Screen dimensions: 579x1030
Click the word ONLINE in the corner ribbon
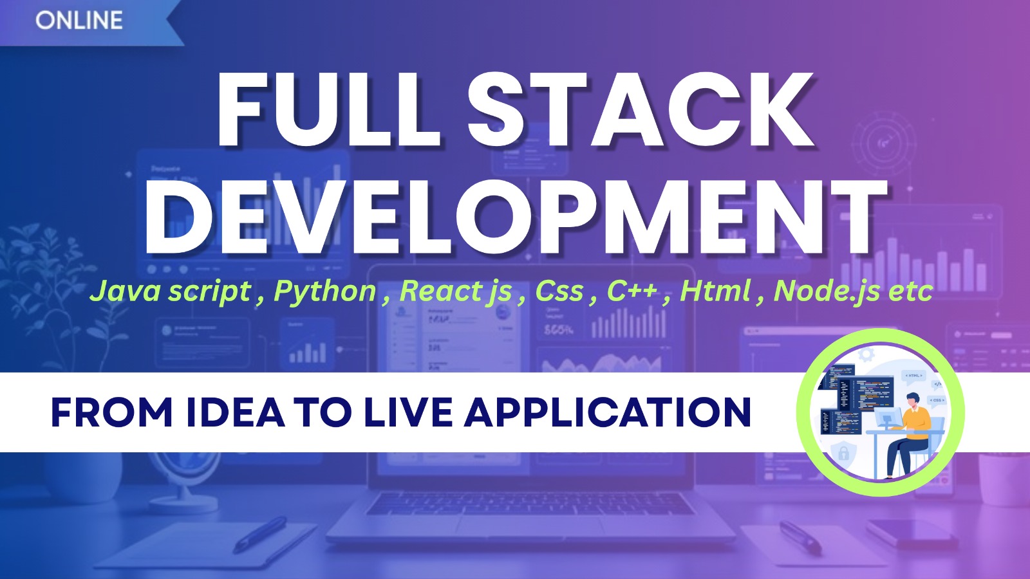pyautogui.click(x=79, y=21)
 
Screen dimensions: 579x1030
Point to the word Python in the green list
pyautogui.click(x=325, y=291)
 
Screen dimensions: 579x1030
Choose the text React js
pyautogui.click(x=456, y=291)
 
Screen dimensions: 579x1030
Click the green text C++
pyautogui.click(x=632, y=291)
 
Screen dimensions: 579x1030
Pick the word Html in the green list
pyautogui.click(x=715, y=291)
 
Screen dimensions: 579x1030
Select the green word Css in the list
pyautogui.click(x=559, y=291)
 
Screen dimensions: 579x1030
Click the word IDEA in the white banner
pyautogui.click(x=235, y=412)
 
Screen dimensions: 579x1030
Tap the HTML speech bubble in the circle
pyautogui.click(x=914, y=376)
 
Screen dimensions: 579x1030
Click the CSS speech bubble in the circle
pyautogui.click(x=937, y=400)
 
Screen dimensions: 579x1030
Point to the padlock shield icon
pyautogui.click(x=843, y=453)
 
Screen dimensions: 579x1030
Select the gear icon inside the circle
pyautogui.click(x=866, y=353)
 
